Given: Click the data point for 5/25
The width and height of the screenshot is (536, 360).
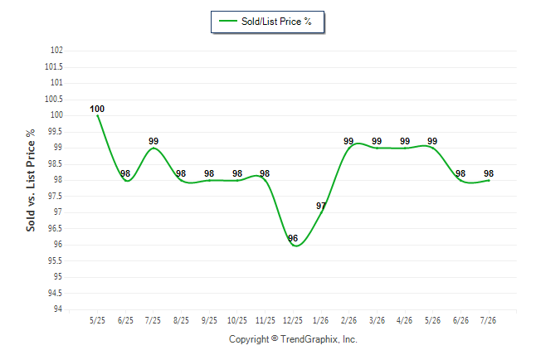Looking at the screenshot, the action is [98, 115].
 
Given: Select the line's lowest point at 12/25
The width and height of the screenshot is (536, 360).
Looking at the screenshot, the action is [296, 246].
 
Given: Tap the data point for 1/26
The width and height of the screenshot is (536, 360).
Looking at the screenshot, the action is [321, 212].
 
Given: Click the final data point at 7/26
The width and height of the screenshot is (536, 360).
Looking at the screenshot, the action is [489, 180].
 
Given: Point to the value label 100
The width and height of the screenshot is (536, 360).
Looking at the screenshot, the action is [97, 109].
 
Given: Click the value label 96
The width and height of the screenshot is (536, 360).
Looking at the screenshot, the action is [293, 238].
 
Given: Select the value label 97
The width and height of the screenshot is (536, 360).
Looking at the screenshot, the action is [320, 206].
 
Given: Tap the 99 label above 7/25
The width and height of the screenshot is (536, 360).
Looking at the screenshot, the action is [153, 141].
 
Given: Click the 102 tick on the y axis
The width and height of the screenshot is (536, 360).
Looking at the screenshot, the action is [56, 50].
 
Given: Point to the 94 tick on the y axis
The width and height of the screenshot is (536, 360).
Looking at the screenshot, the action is [58, 309].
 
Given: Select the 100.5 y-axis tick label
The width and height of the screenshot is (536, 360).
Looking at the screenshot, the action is [54, 99].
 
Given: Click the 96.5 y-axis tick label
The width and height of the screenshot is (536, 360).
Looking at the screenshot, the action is [55, 228].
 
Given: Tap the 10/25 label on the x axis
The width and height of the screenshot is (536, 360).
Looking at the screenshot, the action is [237, 320].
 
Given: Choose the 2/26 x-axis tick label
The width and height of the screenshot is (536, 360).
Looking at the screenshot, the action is [348, 320].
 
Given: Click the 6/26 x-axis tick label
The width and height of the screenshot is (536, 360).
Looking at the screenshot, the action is [460, 320].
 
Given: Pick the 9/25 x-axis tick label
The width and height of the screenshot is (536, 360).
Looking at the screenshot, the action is [209, 320].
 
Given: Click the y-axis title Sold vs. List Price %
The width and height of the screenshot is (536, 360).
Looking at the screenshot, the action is [31, 180].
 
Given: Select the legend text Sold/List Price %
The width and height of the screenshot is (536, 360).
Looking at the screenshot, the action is [276, 22].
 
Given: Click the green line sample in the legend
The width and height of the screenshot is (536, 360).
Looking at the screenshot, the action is [228, 21].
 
